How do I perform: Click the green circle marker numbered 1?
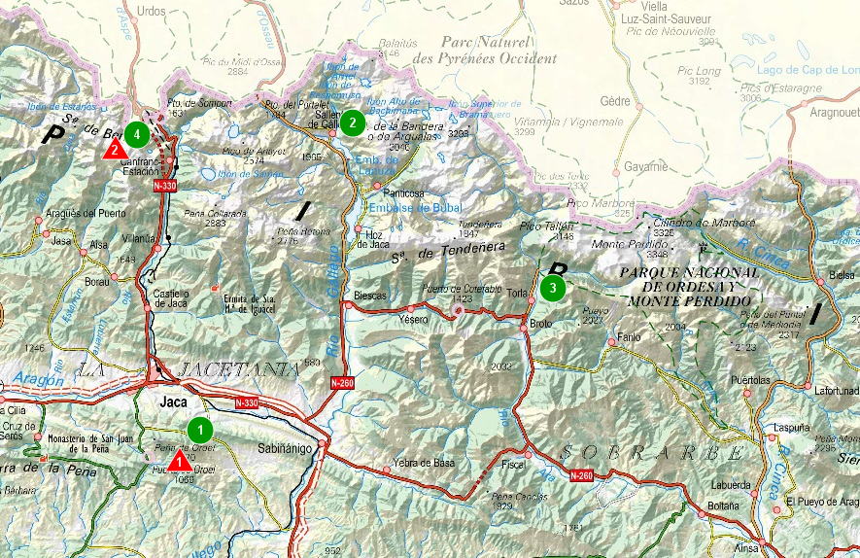[200, 429]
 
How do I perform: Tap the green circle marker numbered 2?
[353, 122]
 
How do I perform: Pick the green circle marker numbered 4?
[138, 132]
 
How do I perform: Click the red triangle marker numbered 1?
[180, 460]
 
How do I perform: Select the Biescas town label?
[370, 295]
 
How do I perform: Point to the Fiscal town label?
[513, 465]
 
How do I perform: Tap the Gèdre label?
[615, 101]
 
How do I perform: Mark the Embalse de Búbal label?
[402, 207]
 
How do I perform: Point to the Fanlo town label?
[630, 338]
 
